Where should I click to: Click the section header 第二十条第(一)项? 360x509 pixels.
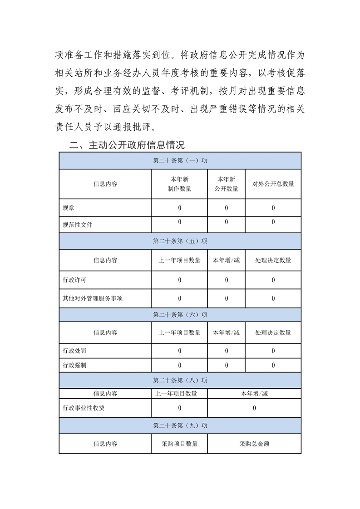[x=180, y=161]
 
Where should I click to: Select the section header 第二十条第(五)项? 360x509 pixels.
[x=180, y=241]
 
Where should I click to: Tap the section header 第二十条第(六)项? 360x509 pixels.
[x=180, y=314]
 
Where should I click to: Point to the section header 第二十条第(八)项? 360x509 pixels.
[x=180, y=380]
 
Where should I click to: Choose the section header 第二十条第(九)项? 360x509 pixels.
[x=180, y=426]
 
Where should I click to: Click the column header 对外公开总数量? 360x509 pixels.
[x=273, y=184]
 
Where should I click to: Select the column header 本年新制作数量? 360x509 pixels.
[x=179, y=184]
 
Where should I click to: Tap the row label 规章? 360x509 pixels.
[x=69, y=208]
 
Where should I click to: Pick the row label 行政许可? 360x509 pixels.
[x=74, y=280]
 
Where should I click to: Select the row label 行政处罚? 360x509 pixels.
[x=74, y=351]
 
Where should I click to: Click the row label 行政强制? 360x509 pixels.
[x=74, y=365]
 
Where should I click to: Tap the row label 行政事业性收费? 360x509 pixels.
[x=84, y=408]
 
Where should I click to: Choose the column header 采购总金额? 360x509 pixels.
[x=254, y=444]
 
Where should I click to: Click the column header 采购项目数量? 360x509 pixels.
[x=179, y=444]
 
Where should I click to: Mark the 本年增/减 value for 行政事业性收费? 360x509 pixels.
[x=254, y=408]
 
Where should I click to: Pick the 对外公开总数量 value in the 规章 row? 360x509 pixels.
[x=273, y=208]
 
